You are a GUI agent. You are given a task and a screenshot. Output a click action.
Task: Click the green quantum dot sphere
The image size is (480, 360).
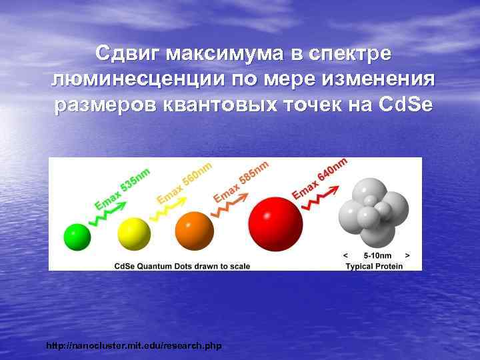click(x=77, y=237)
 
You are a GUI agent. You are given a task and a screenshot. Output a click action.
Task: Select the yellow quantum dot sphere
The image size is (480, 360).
click(x=134, y=233)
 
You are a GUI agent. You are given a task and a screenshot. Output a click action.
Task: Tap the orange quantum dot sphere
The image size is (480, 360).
click(x=194, y=231)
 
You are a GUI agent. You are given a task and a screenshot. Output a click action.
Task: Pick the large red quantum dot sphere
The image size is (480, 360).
click(x=275, y=221)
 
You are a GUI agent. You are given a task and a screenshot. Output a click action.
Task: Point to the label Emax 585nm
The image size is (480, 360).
click(x=241, y=180)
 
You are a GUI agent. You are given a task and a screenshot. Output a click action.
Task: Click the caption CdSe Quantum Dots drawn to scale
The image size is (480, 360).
click(x=182, y=266)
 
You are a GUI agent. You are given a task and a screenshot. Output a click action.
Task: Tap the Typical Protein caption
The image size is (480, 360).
click(x=377, y=266)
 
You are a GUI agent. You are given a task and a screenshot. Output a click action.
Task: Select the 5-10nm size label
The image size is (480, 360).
click(x=377, y=255)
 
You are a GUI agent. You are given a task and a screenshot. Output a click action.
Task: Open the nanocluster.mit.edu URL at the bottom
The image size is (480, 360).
click(x=133, y=346)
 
